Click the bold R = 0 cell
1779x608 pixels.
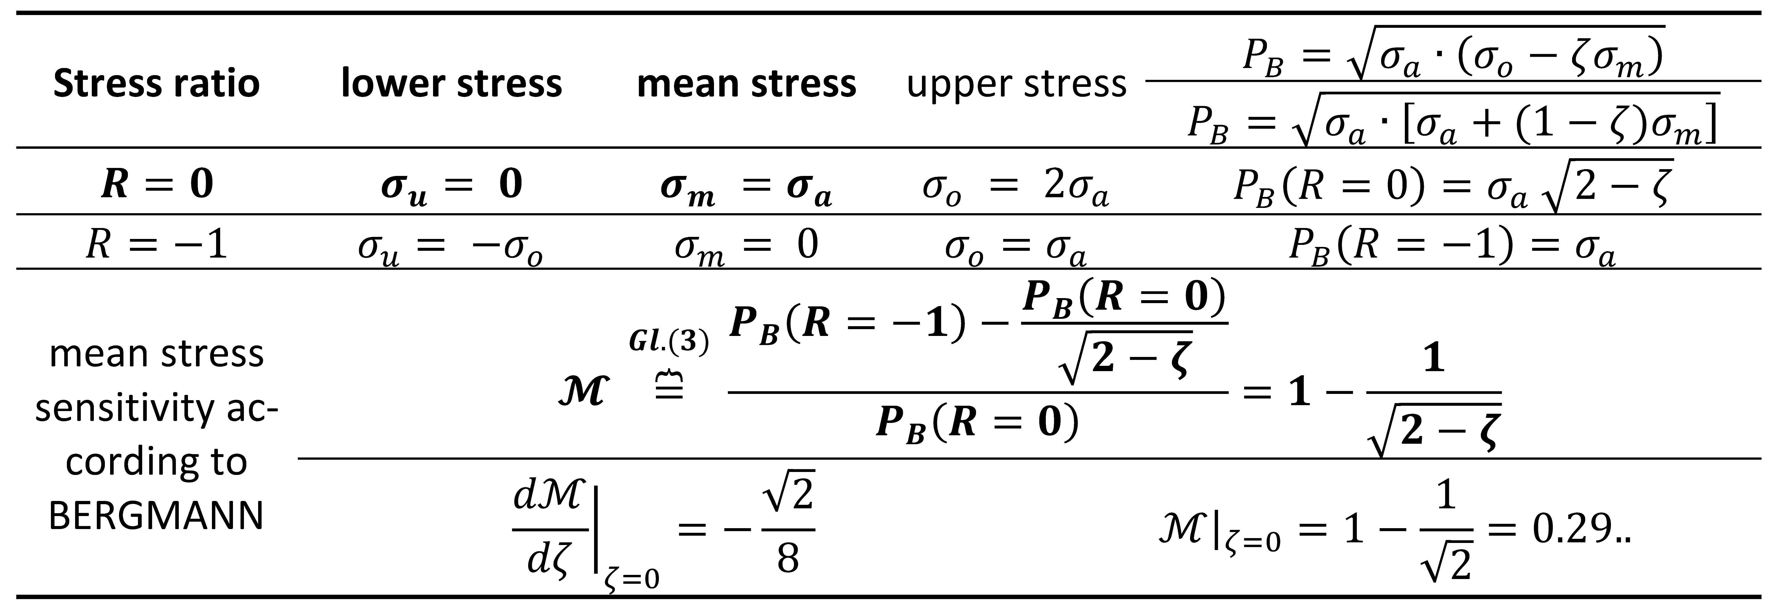pyautogui.click(x=157, y=184)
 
